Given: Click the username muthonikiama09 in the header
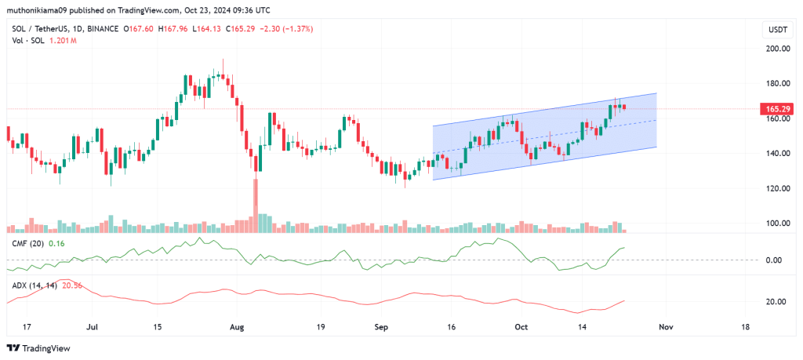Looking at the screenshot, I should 41,10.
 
